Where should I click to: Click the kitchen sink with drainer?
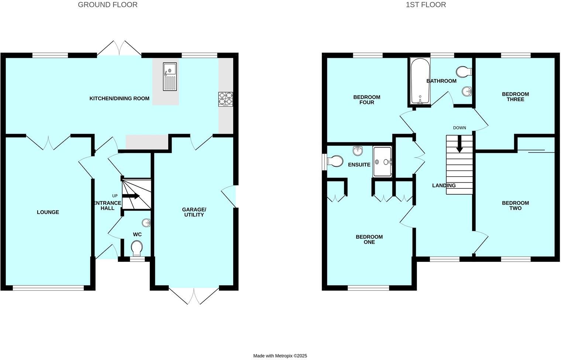[x=170, y=76]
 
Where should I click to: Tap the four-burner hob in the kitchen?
[x=226, y=99]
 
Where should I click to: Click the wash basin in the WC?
[x=146, y=222]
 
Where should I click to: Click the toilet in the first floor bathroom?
[x=464, y=71]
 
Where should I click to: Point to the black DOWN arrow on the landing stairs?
[x=459, y=144]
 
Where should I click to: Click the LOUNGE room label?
[x=48, y=212]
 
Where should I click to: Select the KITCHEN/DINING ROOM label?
[x=119, y=98]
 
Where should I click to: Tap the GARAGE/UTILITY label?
[x=194, y=212]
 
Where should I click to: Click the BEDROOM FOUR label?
[x=366, y=100]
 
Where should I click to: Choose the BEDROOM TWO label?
[x=515, y=205]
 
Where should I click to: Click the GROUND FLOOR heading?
[x=107, y=5]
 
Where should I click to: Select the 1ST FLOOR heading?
[x=426, y=5]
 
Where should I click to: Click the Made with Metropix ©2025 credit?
[x=280, y=356]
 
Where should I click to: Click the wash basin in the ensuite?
[x=358, y=150]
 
